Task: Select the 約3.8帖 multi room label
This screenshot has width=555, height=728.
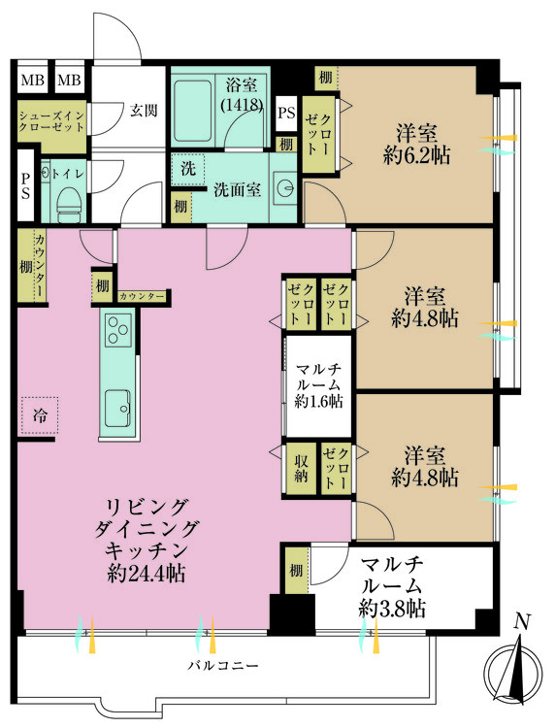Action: (x=391, y=609)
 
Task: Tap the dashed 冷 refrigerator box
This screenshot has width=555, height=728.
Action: (x=40, y=415)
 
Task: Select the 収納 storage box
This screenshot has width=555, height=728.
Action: (x=301, y=467)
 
